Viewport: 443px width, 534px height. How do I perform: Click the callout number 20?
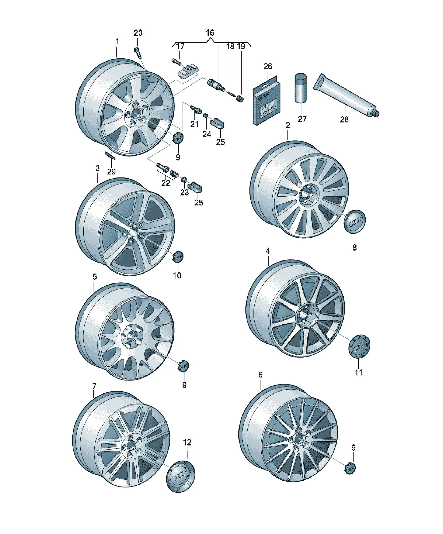[x=138, y=33]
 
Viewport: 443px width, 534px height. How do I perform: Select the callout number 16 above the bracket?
[x=210, y=33]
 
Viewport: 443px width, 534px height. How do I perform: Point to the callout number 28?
[x=344, y=119]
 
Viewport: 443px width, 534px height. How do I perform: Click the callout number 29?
[x=111, y=172]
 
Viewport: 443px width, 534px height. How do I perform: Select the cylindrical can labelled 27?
[x=301, y=88]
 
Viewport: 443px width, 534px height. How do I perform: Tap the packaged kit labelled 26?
[x=266, y=101]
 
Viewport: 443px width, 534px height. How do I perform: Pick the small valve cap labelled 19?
[x=240, y=99]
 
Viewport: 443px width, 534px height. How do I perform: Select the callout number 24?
[x=207, y=134]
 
